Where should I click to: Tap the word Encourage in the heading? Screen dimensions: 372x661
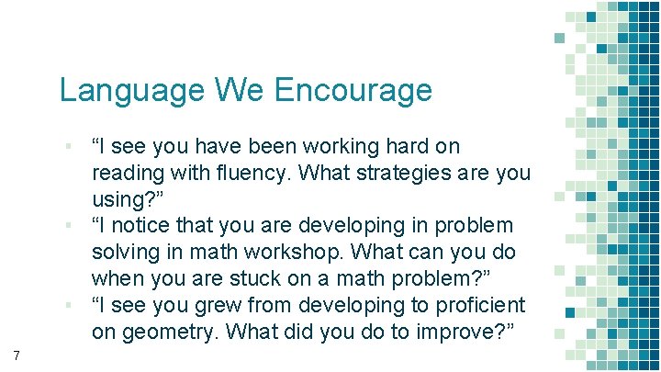(353, 90)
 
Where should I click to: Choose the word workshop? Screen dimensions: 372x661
(301, 252)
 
